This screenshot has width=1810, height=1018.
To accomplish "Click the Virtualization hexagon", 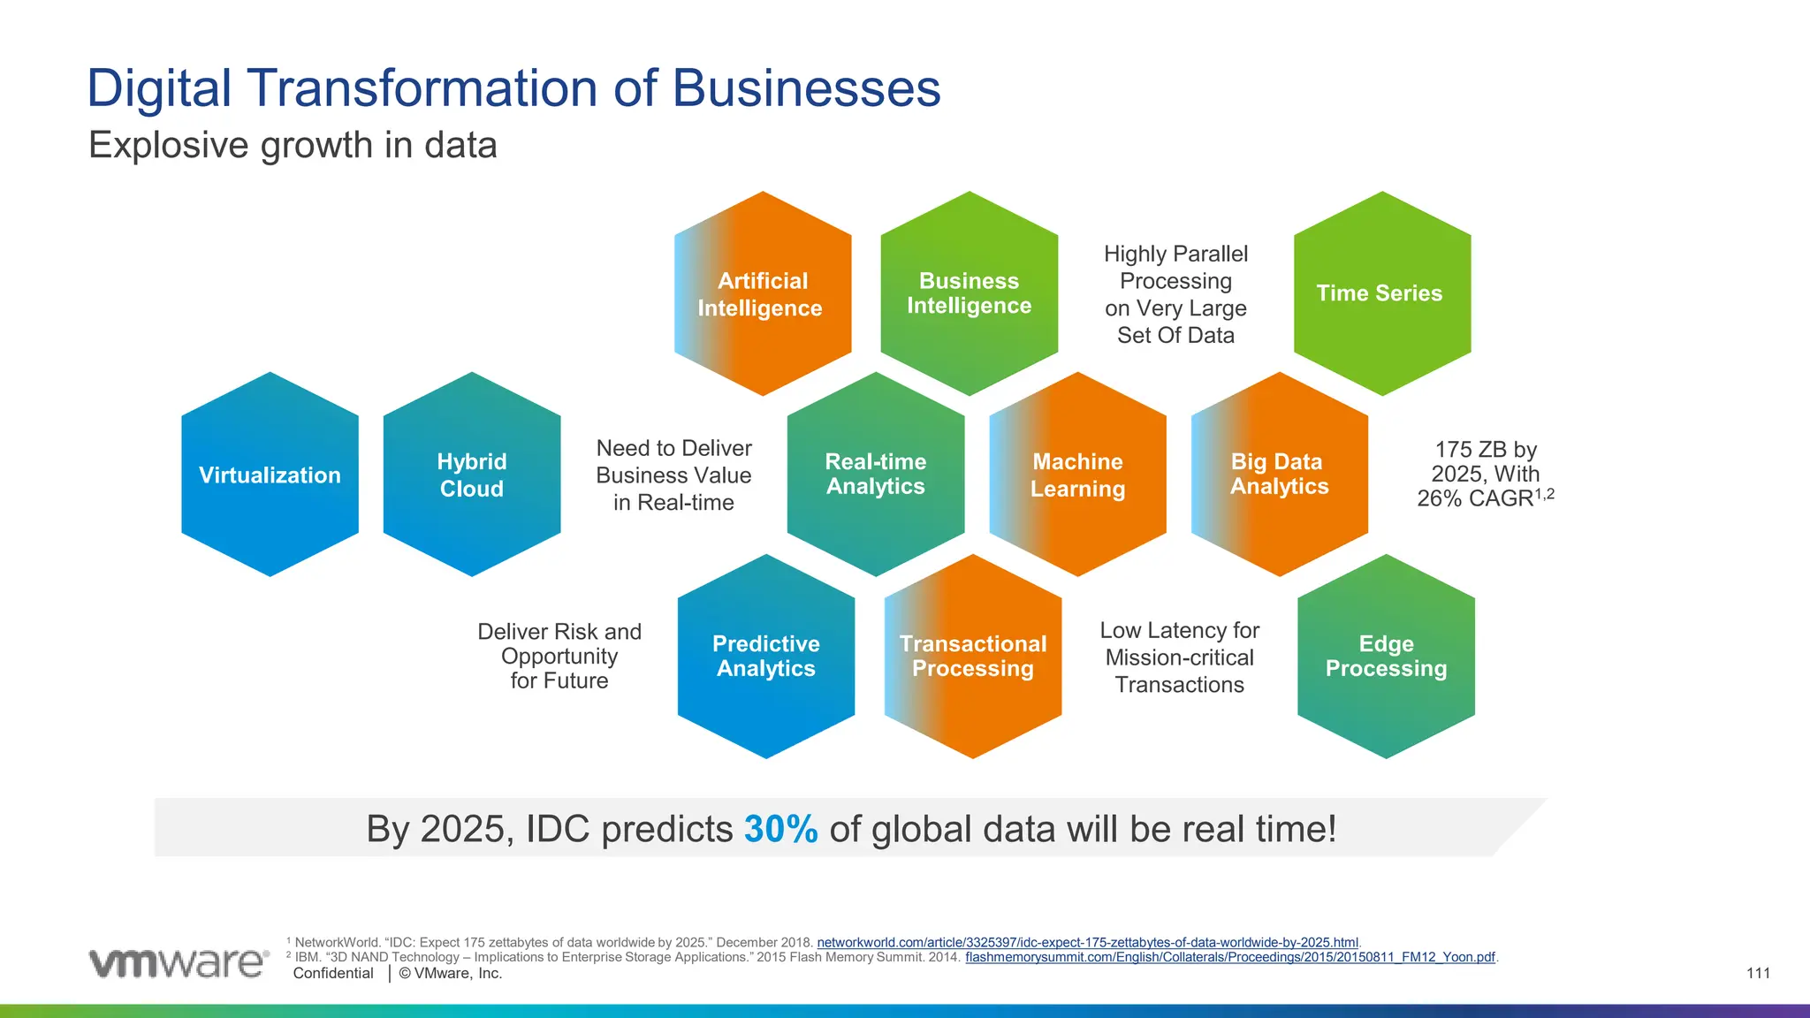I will pyautogui.click(x=270, y=475).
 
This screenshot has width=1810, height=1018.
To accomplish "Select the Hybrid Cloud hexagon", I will pyautogui.click(x=472, y=475).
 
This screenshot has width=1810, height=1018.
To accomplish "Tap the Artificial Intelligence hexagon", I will pyautogui.click(x=762, y=293).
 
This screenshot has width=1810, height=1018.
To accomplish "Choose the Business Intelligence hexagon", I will pyautogui.click(x=970, y=293).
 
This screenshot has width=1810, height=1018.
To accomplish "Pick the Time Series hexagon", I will pyautogui.click(x=1381, y=293).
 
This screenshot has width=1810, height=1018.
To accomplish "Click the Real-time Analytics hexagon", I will pyautogui.click(x=875, y=475).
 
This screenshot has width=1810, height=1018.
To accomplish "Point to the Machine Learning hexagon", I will pyautogui.click(x=1077, y=475).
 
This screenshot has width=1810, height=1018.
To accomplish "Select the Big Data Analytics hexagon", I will pyautogui.click(x=1279, y=475).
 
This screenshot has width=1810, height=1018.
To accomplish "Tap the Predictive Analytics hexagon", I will pyautogui.click(x=766, y=656).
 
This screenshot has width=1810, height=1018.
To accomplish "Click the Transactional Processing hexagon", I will pyautogui.click(x=972, y=656).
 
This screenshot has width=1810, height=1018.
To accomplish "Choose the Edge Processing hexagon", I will pyautogui.click(x=1386, y=656).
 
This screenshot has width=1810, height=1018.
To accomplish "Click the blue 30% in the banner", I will pyautogui.click(x=780, y=829).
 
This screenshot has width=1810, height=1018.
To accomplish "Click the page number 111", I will pyautogui.click(x=1758, y=973).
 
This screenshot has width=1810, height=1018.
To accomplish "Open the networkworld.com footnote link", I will pyautogui.click(x=1087, y=943).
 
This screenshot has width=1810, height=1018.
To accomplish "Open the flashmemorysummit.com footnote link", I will pyautogui.click(x=1229, y=957).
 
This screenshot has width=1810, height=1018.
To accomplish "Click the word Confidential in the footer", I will pyautogui.click(x=333, y=973).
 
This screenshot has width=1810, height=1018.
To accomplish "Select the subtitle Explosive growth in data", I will pyautogui.click(x=293, y=145).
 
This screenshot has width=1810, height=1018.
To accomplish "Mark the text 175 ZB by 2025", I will pyautogui.click(x=1485, y=462).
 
